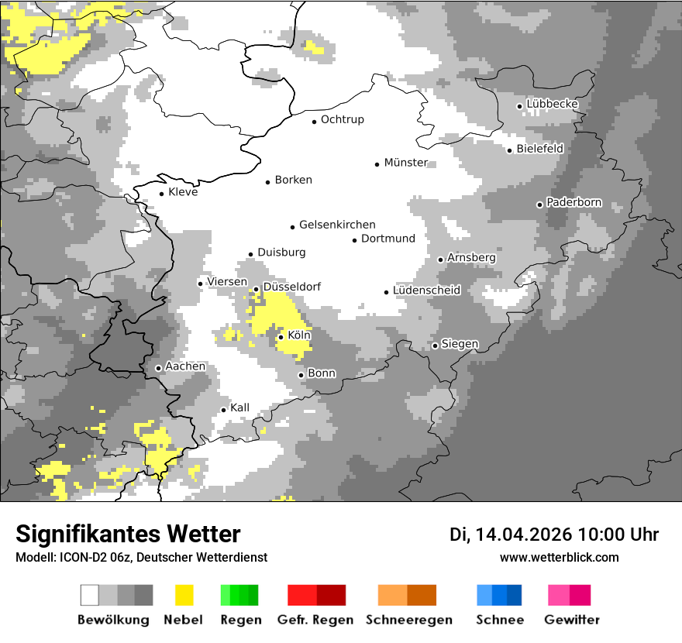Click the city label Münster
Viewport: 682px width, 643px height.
[405, 163]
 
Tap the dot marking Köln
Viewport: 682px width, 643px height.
[281, 337]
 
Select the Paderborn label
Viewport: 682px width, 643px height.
[573, 203]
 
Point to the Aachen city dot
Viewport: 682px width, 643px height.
[158, 368]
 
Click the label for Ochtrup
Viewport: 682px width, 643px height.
[342, 120]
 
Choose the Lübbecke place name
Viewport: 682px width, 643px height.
[552, 105]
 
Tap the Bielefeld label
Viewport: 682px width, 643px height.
[539, 149]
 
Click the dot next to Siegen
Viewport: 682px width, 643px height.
[435, 346]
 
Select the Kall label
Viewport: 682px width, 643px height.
[239, 407]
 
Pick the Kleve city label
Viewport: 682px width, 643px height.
[183, 192]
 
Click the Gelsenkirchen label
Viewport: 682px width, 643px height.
[337, 225]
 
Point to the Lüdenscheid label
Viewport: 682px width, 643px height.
[426, 291]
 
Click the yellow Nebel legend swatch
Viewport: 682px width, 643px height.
[184, 595]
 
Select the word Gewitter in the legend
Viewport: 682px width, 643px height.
[571, 620]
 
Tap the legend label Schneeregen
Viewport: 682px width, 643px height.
[408, 620]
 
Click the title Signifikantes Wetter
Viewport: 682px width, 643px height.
[128, 534]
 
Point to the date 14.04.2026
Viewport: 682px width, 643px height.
[523, 535]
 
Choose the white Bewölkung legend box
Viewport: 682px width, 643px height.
[90, 595]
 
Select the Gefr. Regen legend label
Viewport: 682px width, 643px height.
[315, 620]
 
